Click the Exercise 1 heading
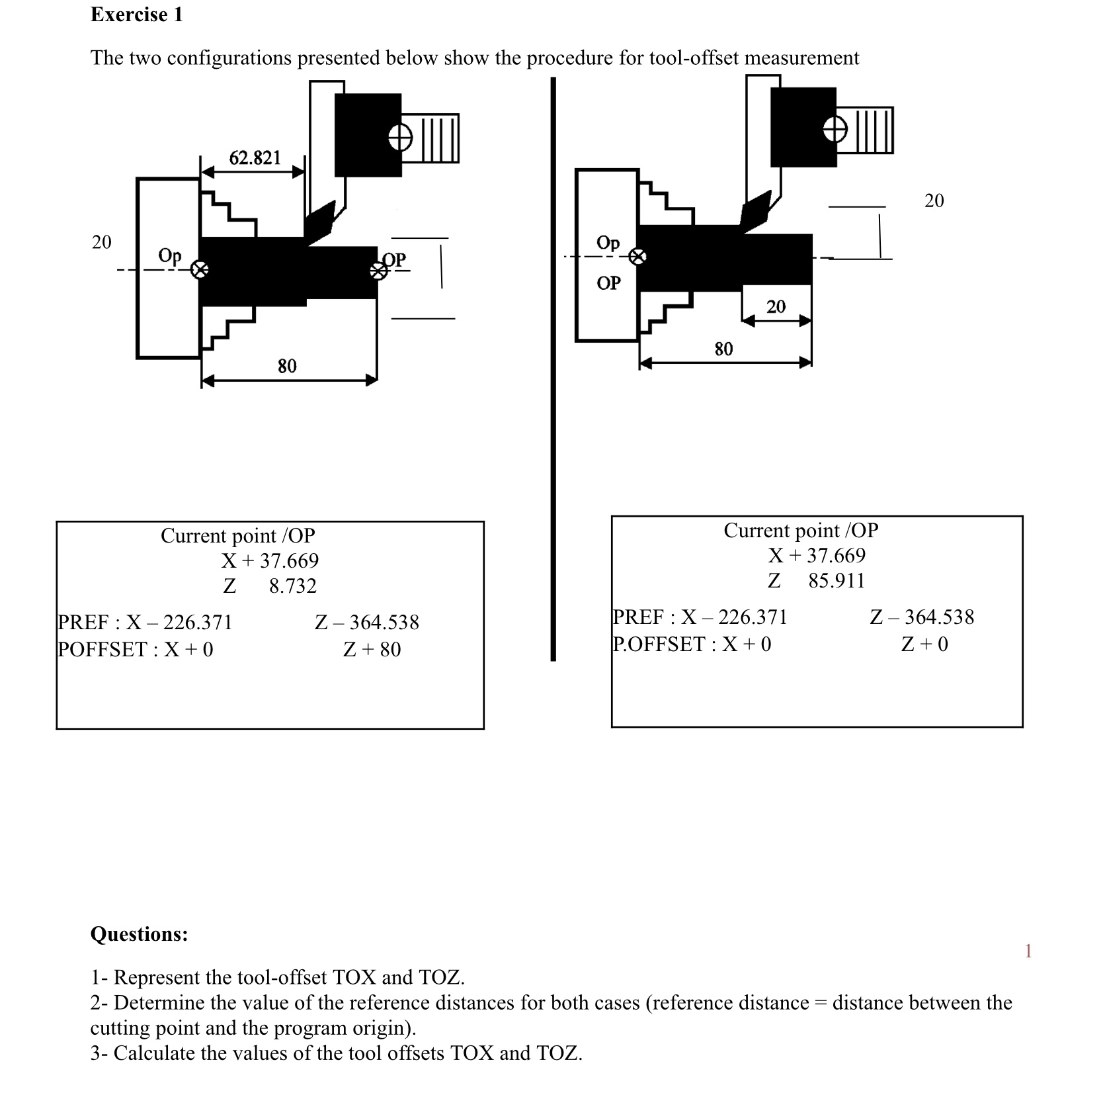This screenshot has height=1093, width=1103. click(x=136, y=15)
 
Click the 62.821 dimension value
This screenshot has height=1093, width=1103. click(x=255, y=157)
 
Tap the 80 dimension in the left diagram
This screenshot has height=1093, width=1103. click(x=287, y=365)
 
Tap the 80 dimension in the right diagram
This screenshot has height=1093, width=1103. click(x=723, y=349)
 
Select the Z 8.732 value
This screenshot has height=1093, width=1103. click(x=270, y=586)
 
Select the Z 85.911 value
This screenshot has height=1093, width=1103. click(x=816, y=580)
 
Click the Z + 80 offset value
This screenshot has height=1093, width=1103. click(x=372, y=649)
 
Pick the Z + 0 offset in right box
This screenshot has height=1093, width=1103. click(x=924, y=644)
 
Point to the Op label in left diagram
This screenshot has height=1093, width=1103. click(x=169, y=255)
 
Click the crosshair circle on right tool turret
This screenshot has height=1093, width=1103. click(x=835, y=130)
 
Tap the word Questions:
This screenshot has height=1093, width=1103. click(x=139, y=934)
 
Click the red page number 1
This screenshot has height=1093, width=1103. click(x=1028, y=951)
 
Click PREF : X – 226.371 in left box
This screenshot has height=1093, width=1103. click(x=145, y=622)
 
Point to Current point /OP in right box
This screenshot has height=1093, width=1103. click(x=801, y=530)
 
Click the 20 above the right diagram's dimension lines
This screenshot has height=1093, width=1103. click(x=934, y=200)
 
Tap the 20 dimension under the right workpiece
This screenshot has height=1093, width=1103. click(x=776, y=306)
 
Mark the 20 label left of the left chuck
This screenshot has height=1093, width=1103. click(x=101, y=242)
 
